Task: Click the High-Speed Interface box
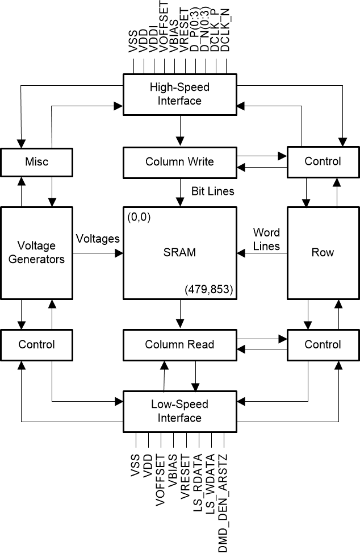179,94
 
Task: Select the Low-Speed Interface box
179,411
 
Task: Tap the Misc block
37,161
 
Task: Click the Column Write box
179,161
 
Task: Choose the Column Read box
179,344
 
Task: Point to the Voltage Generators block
37,252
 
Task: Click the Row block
323,252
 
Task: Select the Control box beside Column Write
323,161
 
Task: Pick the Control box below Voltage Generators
37,344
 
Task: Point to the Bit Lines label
212,191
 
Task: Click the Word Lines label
266,239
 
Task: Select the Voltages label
98,239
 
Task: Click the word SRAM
179,252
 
